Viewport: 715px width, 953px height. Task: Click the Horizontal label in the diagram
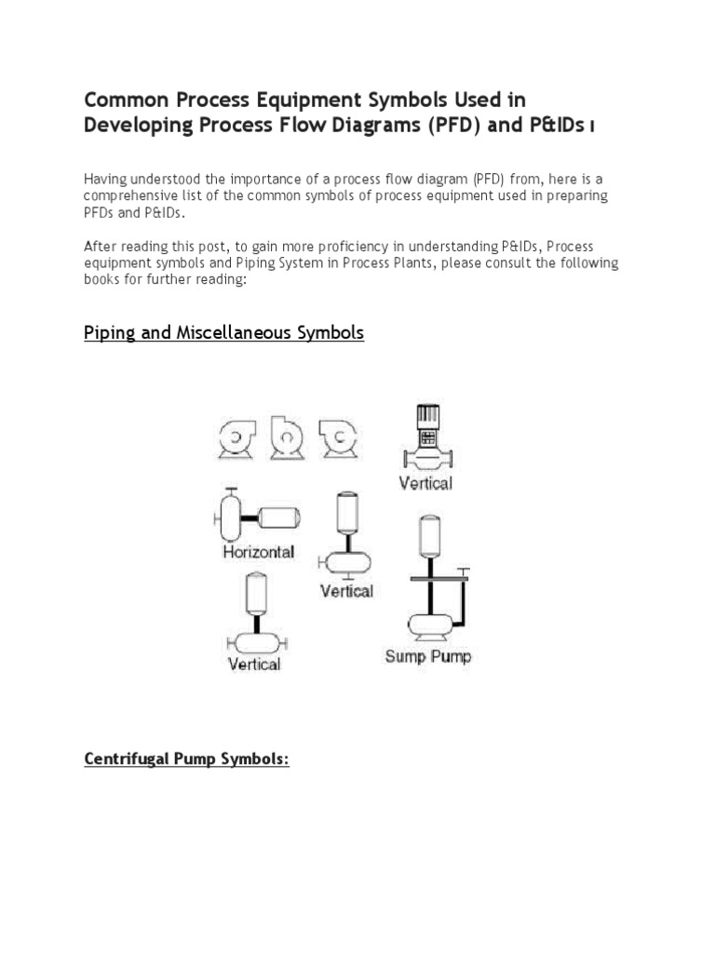click(x=258, y=552)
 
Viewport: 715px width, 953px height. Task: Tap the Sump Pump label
click(x=428, y=656)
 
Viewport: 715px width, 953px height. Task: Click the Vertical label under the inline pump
click(x=425, y=483)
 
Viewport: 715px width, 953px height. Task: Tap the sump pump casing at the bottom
click(x=428, y=622)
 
